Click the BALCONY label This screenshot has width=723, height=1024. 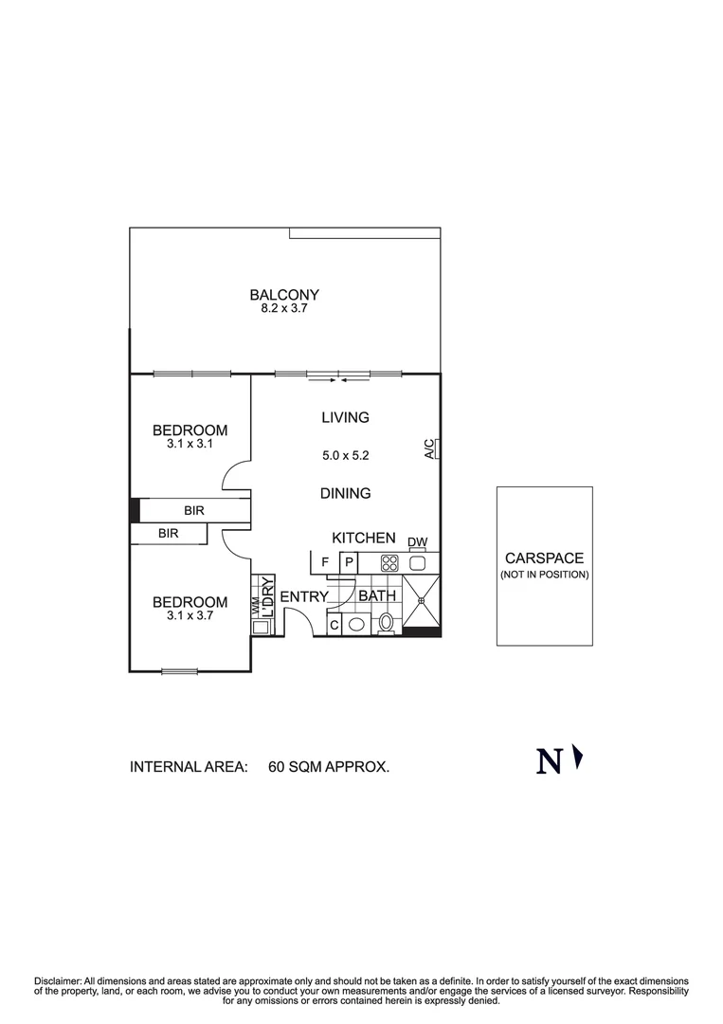tap(284, 295)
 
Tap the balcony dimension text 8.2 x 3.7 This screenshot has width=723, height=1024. tap(284, 309)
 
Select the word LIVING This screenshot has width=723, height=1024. tap(345, 417)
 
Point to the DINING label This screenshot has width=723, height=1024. tap(345, 493)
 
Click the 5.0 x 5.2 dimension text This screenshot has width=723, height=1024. tap(345, 455)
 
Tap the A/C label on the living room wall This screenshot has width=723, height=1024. tap(429, 448)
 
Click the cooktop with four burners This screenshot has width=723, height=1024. tap(389, 563)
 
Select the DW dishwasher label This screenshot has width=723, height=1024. tap(418, 543)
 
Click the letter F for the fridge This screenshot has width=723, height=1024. tap(325, 563)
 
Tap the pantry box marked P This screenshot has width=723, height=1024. tap(348, 563)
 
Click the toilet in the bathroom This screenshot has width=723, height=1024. tap(386, 623)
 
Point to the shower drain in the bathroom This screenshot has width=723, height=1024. tap(422, 599)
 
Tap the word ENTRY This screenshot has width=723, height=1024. tap(303, 597)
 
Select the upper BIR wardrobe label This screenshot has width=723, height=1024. tap(194, 511)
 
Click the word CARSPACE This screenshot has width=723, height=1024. tap(544, 558)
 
